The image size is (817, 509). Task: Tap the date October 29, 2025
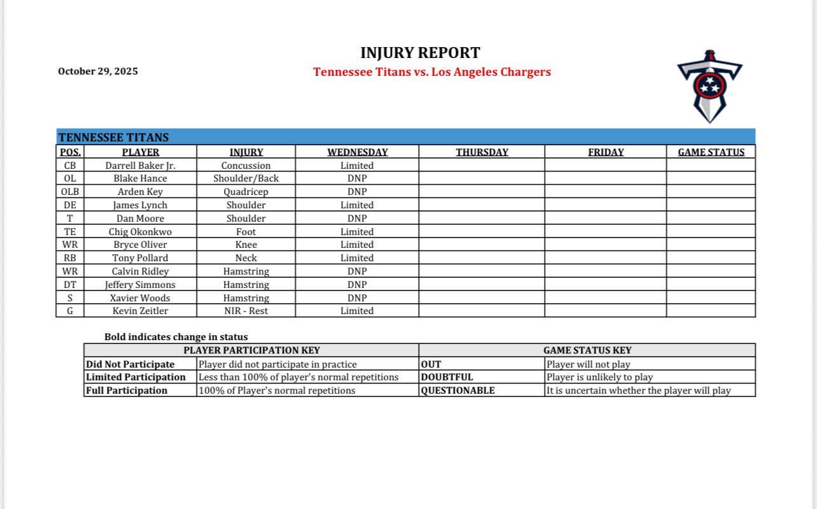97,71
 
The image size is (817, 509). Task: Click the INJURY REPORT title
420,53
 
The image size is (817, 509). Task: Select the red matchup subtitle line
432,72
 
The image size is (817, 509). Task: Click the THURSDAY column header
482,152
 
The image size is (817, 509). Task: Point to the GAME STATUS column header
711,152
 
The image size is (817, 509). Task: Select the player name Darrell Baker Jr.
140,166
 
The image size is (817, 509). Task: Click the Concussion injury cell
246,166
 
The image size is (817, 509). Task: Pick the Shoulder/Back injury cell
246,178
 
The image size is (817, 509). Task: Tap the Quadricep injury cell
246,192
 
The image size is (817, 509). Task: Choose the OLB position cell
70,192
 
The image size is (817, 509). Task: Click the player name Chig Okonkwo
140,232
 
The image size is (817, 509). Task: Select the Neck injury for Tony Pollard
246,258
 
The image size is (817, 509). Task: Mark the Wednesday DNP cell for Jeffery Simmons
357,285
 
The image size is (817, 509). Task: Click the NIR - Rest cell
246,311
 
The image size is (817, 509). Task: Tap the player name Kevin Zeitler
140,311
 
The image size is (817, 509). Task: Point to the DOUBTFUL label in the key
447,377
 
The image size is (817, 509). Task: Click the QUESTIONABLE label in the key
457,391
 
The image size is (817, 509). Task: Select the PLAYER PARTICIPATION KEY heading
251,350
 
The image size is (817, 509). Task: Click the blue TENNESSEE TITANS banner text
113,138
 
